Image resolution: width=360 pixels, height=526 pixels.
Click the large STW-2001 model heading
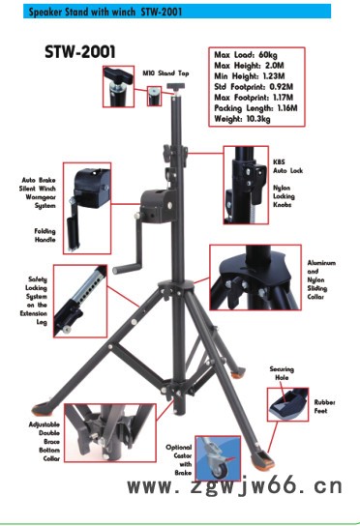click(x=80, y=52)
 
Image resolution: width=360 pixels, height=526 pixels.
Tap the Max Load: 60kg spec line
click(x=246, y=55)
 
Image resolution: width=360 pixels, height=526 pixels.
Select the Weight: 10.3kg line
click(x=242, y=119)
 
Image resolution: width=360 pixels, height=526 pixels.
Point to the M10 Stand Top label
click(x=165, y=73)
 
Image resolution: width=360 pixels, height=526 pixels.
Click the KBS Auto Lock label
click(x=287, y=166)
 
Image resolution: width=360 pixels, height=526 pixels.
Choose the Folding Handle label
click(x=45, y=235)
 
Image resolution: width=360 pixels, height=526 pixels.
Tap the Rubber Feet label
click(x=324, y=406)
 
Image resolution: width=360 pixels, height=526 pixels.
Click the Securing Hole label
click(x=282, y=373)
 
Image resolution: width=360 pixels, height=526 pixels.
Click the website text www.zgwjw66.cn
click(x=235, y=486)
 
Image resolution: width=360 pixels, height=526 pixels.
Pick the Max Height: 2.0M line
click(x=249, y=66)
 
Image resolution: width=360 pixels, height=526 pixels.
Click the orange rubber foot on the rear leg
click(x=237, y=372)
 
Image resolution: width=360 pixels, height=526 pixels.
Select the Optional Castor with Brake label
click(x=179, y=460)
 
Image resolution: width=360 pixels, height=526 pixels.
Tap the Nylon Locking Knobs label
click(x=284, y=196)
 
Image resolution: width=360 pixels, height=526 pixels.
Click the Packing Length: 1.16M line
click(x=255, y=108)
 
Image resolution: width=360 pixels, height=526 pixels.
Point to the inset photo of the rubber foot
click(x=287, y=404)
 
